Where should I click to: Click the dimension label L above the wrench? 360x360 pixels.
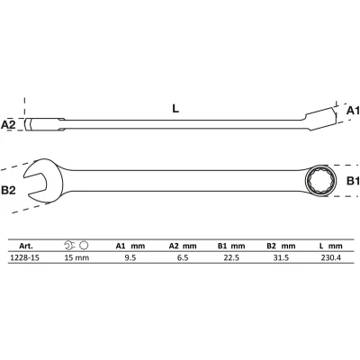175,108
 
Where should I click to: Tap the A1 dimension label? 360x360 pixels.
353,111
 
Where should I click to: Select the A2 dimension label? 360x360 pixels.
8,124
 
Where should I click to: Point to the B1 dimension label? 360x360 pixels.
353,181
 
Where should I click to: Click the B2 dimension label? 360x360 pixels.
8,190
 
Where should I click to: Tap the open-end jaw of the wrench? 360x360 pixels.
42,181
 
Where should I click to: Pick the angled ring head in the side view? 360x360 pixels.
321,118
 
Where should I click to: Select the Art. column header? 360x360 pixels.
26,246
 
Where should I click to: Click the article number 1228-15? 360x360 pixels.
24,257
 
